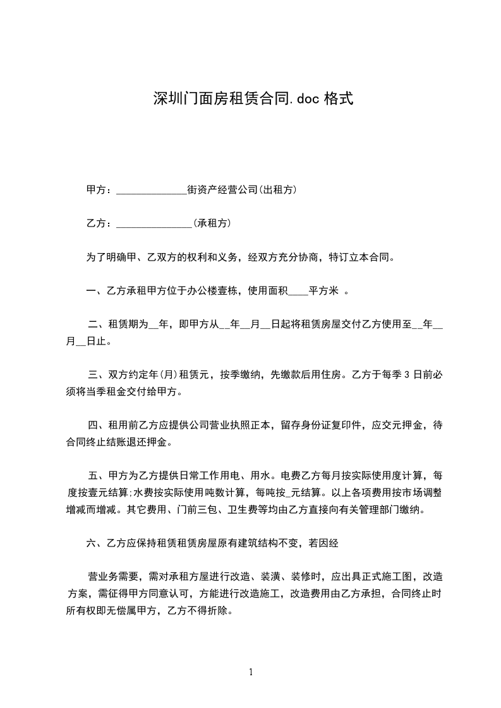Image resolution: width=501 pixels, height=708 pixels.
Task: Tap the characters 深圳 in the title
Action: [x=166, y=98]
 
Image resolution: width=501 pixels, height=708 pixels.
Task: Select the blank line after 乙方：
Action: [x=155, y=223]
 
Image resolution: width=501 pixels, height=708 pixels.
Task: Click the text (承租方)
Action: [x=212, y=223]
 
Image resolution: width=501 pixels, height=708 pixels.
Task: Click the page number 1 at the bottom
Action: [x=251, y=672]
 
